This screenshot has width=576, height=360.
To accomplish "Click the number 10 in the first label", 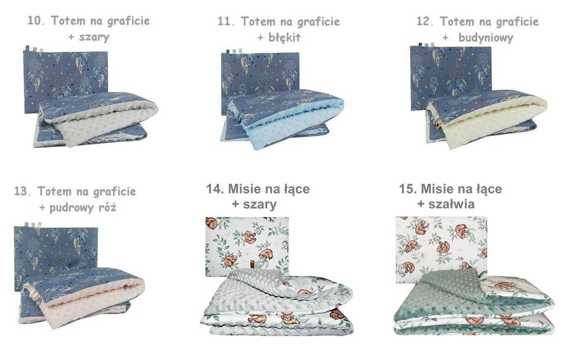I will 35,21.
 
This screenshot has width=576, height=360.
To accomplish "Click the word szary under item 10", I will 96,37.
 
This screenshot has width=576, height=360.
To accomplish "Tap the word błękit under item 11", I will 286,38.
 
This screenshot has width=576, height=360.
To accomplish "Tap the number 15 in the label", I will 407,189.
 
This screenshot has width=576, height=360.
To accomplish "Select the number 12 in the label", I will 424,22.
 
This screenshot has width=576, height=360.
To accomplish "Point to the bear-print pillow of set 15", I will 441,242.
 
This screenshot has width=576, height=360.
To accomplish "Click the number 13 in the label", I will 21,191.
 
